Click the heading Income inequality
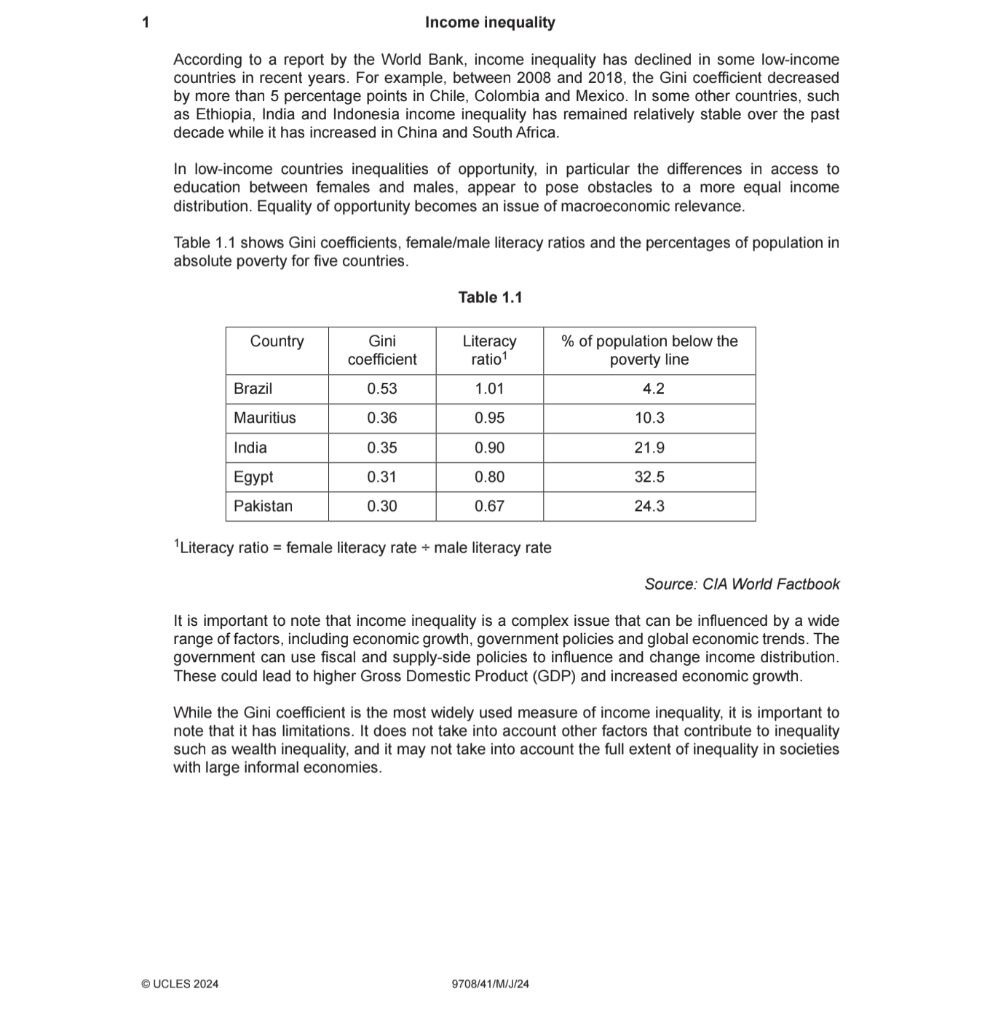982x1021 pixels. click(x=490, y=23)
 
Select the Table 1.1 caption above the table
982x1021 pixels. click(x=490, y=298)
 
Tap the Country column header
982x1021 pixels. click(x=277, y=341)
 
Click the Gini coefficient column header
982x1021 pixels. click(x=382, y=350)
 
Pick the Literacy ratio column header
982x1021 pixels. click(x=489, y=350)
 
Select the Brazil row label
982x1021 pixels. click(x=253, y=389)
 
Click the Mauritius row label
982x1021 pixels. click(x=264, y=418)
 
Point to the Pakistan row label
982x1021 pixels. click(x=263, y=506)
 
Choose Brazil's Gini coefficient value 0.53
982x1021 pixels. click(x=382, y=389)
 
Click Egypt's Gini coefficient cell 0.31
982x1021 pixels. click(x=382, y=477)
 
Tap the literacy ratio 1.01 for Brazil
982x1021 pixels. click(x=489, y=389)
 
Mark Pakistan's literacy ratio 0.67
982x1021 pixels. click(x=489, y=506)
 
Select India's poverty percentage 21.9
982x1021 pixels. click(x=649, y=448)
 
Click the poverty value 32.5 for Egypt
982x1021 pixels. click(x=649, y=477)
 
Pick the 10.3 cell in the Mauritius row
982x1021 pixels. click(x=649, y=418)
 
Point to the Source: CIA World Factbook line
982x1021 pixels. click(x=742, y=584)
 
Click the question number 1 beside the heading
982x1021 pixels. click(x=146, y=23)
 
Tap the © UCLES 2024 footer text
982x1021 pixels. click(x=180, y=984)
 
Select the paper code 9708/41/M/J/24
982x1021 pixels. click(x=490, y=984)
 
